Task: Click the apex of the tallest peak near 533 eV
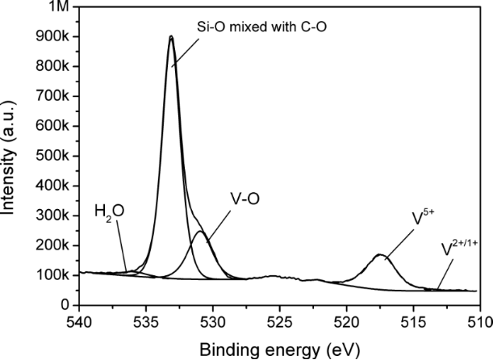pos(171,36)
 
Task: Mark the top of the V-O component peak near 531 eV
pos(199,232)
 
